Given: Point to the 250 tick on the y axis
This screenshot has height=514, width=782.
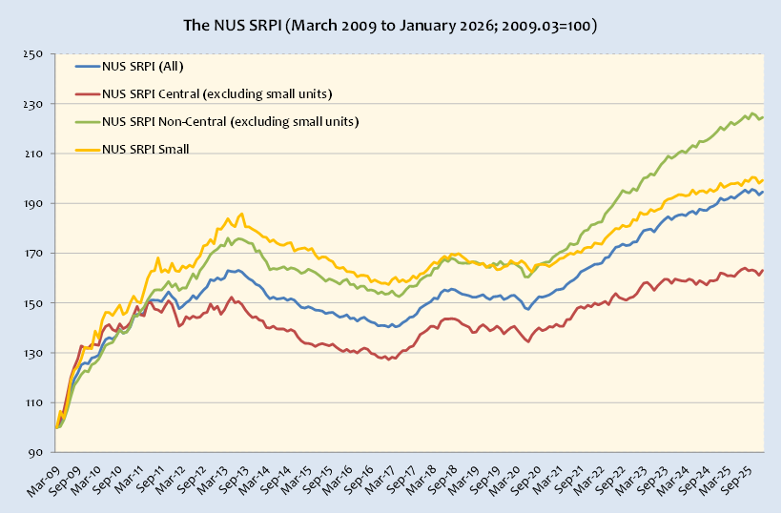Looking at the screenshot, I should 35,54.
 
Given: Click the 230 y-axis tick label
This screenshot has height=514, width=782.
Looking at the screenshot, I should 35,104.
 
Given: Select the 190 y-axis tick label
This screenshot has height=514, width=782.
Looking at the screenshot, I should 35,204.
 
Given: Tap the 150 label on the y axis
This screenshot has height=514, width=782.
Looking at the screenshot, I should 35,303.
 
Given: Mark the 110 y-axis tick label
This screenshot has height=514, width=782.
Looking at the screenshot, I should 35,403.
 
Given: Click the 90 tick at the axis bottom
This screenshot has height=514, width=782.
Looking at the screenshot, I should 39,453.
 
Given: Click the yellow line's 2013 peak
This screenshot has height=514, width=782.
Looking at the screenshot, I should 242,214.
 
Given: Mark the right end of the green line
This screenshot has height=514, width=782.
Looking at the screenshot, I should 763,117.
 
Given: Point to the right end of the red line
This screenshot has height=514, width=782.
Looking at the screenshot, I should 763,270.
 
